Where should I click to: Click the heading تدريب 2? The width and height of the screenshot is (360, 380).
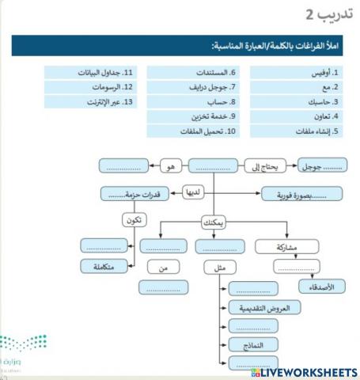pos(328,15)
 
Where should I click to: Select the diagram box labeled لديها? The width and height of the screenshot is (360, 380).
pos(192,192)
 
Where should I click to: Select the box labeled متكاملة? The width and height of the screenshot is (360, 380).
pos(103,267)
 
